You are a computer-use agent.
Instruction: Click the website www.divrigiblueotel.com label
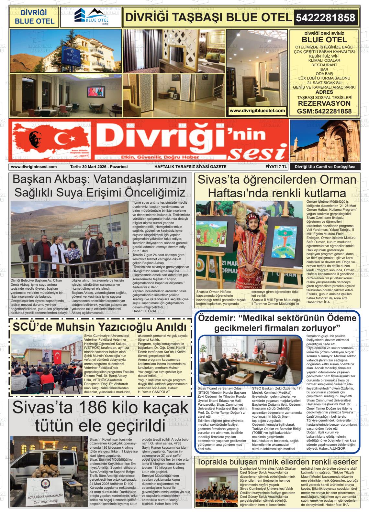[257, 111]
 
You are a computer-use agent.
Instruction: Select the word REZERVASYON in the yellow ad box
[324, 103]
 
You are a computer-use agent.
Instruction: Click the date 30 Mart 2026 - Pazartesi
[99, 167]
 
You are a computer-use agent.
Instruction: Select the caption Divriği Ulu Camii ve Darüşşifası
[324, 167]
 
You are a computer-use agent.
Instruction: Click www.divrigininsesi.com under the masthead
[34, 167]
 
